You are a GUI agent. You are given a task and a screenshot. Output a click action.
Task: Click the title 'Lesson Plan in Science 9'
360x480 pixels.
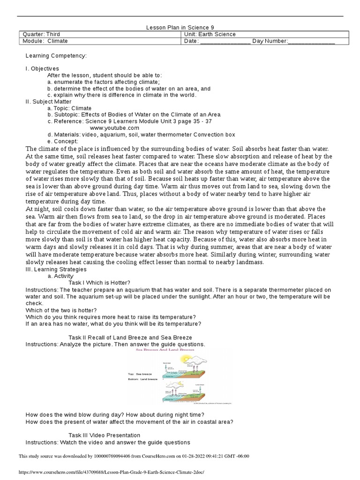click(180, 28)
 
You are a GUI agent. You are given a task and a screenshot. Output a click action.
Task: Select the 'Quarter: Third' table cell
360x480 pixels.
click(42, 34)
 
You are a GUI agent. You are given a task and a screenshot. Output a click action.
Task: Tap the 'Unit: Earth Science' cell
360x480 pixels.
click(210, 34)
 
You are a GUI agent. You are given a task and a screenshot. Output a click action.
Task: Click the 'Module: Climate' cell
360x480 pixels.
click(45, 41)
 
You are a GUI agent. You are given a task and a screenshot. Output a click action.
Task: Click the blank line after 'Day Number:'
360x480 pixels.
click(311, 42)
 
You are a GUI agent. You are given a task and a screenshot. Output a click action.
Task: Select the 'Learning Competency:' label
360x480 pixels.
click(56, 56)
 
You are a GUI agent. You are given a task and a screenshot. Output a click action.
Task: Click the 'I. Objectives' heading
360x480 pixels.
click(42, 68)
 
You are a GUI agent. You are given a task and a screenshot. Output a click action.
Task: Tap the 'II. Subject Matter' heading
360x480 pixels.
click(49, 101)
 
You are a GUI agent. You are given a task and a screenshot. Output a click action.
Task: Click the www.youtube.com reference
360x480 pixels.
click(114, 127)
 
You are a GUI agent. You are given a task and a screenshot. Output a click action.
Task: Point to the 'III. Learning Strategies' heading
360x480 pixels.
click(56, 270)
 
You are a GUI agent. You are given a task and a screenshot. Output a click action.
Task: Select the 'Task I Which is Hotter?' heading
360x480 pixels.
click(99, 283)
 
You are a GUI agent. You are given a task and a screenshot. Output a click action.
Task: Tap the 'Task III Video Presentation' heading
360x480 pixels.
click(105, 435)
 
